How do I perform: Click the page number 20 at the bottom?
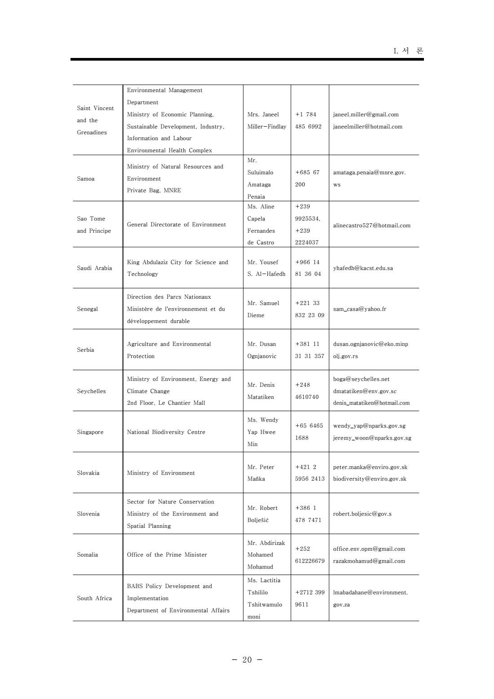pyautogui.click(x=247, y=659)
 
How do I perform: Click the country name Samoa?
pyautogui.click(x=86, y=179)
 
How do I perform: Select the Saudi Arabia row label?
pyautogui.click(x=94, y=268)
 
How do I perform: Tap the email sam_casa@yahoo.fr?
pyautogui.click(x=359, y=309)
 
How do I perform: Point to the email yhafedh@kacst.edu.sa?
pyautogui.click(x=363, y=268)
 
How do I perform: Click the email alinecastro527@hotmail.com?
pyautogui.click(x=371, y=226)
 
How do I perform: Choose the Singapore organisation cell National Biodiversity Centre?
pyautogui.click(x=166, y=432)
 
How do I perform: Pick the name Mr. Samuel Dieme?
pyautogui.click(x=263, y=309)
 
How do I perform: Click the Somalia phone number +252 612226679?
pyautogui.click(x=309, y=555)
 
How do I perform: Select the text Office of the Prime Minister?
pyautogui.click(x=167, y=555)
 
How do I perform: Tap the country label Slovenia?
pyautogui.click(x=88, y=514)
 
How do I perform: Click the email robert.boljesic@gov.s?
pyautogui.click(x=362, y=514)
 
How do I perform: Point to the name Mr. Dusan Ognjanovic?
pyautogui.click(x=262, y=350)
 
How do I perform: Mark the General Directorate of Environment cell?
pyautogui.click(x=176, y=225)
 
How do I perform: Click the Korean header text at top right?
pyautogui.click(x=408, y=51)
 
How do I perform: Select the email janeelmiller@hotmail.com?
pyautogui.click(x=367, y=127)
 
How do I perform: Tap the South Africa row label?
pyautogui.click(x=94, y=598)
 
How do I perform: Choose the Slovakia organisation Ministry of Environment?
pyautogui.click(x=161, y=473)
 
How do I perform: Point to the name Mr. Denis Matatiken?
pyautogui.click(x=261, y=391)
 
